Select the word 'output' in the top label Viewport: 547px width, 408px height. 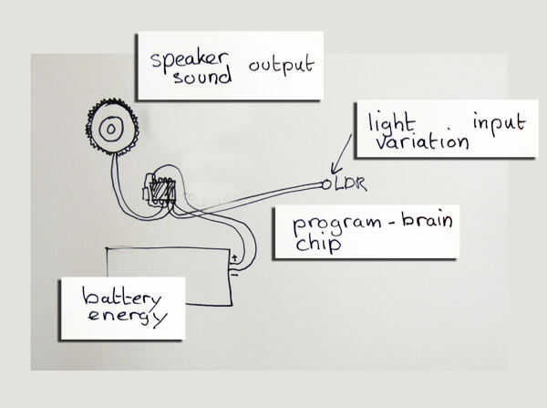tap(282, 65)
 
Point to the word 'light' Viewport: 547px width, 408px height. tap(388, 122)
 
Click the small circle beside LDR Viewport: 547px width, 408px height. tap(326, 184)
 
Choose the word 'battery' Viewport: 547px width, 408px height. tap(122, 298)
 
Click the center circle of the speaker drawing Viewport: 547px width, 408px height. tap(111, 130)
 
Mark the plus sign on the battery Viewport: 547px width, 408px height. tap(235, 258)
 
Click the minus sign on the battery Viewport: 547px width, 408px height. tap(234, 272)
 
